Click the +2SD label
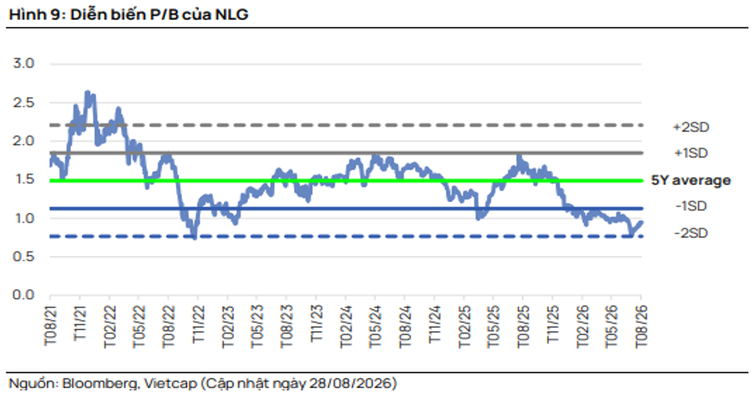(691, 127)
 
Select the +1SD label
(691, 153)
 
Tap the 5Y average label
(691, 180)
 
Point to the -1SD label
(691, 206)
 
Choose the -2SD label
(691, 233)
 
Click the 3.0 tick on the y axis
(23, 63)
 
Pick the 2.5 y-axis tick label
(23, 103)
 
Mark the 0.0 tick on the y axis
(23, 294)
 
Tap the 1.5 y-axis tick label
(23, 179)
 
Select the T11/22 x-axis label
(198, 323)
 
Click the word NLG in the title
(232, 15)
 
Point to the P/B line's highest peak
(87, 91)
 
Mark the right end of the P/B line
(642, 222)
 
